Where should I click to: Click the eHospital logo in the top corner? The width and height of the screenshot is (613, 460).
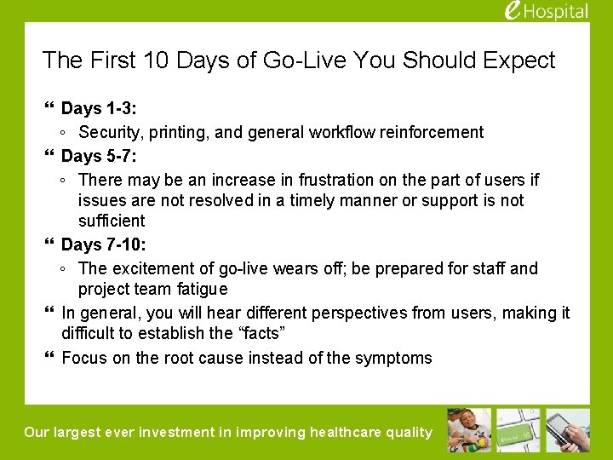(x=546, y=11)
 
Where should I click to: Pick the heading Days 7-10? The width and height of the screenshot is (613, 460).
(x=103, y=244)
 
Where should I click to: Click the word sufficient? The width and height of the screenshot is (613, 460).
(x=112, y=221)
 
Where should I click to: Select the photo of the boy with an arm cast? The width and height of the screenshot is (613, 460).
(x=469, y=430)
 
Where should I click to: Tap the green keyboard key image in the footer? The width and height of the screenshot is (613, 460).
(x=518, y=430)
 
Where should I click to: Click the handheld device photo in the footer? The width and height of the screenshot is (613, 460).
(x=568, y=430)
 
